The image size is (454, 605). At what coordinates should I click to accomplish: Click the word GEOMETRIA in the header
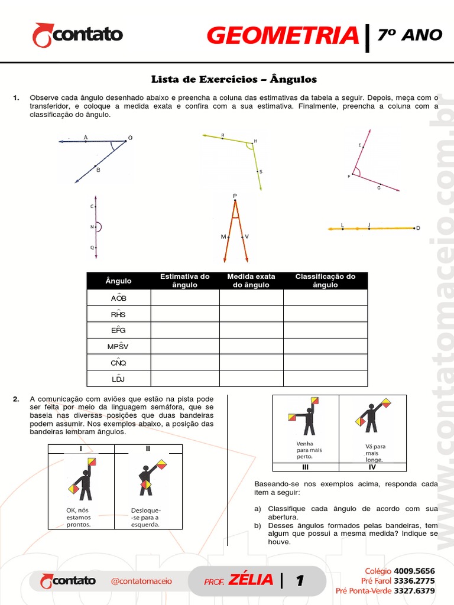283,36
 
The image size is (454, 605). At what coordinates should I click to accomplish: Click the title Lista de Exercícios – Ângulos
234,79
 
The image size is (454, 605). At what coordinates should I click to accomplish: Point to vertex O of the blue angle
126,141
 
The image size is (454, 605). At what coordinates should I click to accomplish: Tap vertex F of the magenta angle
353,175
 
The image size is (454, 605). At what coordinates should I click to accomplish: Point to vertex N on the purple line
95,227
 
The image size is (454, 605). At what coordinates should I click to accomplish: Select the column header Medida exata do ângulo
251,281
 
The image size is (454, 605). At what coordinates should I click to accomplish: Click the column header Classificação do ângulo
325,281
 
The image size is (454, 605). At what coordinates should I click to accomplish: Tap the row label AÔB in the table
118,298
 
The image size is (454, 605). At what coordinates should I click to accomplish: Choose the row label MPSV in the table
118,346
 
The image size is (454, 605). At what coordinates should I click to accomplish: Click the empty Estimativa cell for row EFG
185,330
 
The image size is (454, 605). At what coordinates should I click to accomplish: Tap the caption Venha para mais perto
305,450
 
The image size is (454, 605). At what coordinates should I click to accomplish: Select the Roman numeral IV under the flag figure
372,467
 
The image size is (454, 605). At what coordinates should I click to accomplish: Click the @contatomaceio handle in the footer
141,581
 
